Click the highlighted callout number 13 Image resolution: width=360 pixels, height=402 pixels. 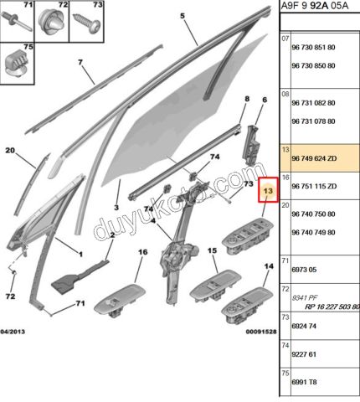[x=268, y=191]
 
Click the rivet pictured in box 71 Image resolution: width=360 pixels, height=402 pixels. [x=17, y=21]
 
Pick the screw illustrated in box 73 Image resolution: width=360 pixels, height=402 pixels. [x=86, y=23]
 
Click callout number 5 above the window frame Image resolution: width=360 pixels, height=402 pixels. [x=183, y=16]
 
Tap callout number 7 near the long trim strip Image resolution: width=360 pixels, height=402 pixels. [x=80, y=62]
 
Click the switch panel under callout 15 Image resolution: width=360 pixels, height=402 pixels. [x=215, y=286]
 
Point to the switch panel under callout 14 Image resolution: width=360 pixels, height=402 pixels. [x=247, y=306]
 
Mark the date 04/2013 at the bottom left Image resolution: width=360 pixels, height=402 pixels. [x=13, y=332]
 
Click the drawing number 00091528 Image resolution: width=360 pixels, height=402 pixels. [x=261, y=332]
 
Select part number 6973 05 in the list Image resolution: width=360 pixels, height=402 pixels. [x=304, y=270]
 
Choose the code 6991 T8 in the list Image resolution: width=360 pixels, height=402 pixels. [x=304, y=382]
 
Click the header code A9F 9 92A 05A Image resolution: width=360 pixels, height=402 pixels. [x=315, y=6]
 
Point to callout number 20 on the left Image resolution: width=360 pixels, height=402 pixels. [x=10, y=151]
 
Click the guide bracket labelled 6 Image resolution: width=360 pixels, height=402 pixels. [x=251, y=146]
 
